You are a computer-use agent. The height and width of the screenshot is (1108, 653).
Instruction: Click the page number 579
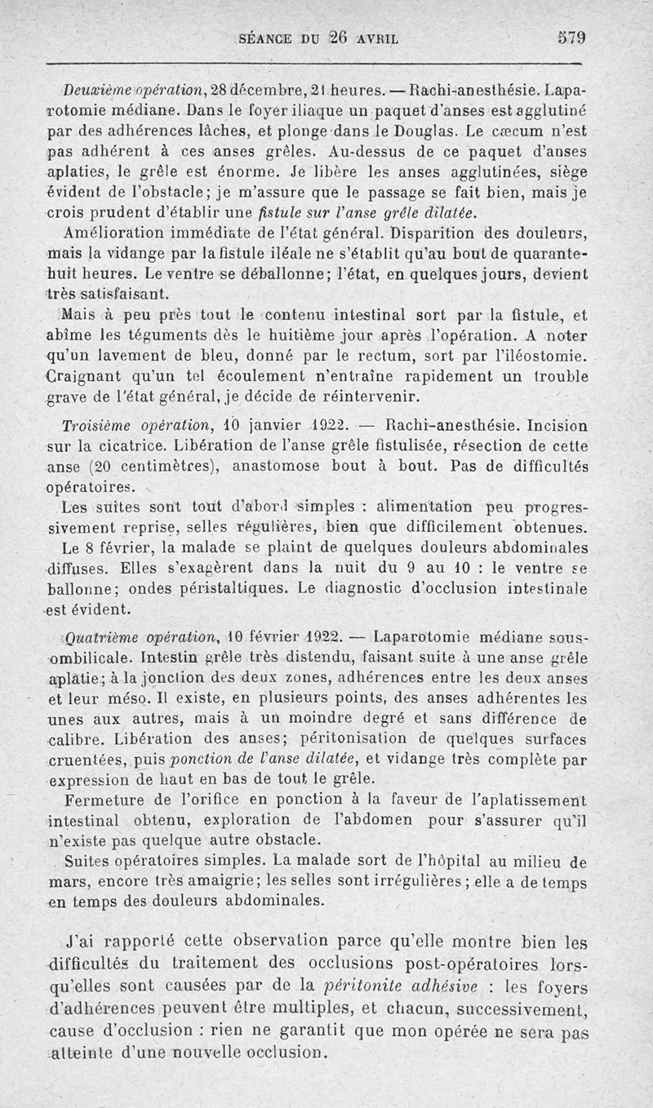tap(571, 38)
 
